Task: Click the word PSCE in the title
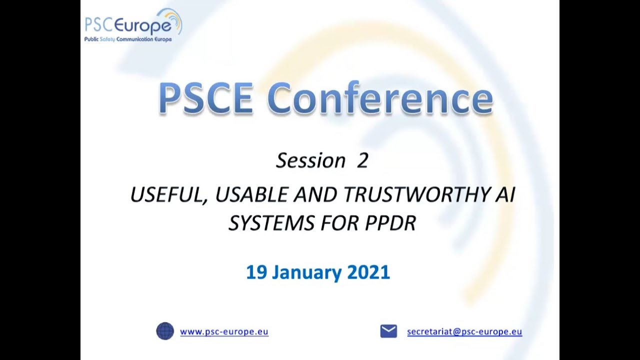tap(205, 98)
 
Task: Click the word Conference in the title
tap(383, 98)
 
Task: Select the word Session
tap(310, 160)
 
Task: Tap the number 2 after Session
tap(362, 160)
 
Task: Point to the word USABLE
tap(252, 194)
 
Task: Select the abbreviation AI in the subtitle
tap(505, 194)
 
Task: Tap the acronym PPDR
tap(390, 223)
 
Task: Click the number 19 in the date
tap(256, 272)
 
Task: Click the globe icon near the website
tap(165, 331)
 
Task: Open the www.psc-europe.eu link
tap(224, 331)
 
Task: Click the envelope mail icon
tap(388, 331)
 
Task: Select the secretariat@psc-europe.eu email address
tap(464, 331)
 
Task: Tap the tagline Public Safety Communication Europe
tap(128, 39)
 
